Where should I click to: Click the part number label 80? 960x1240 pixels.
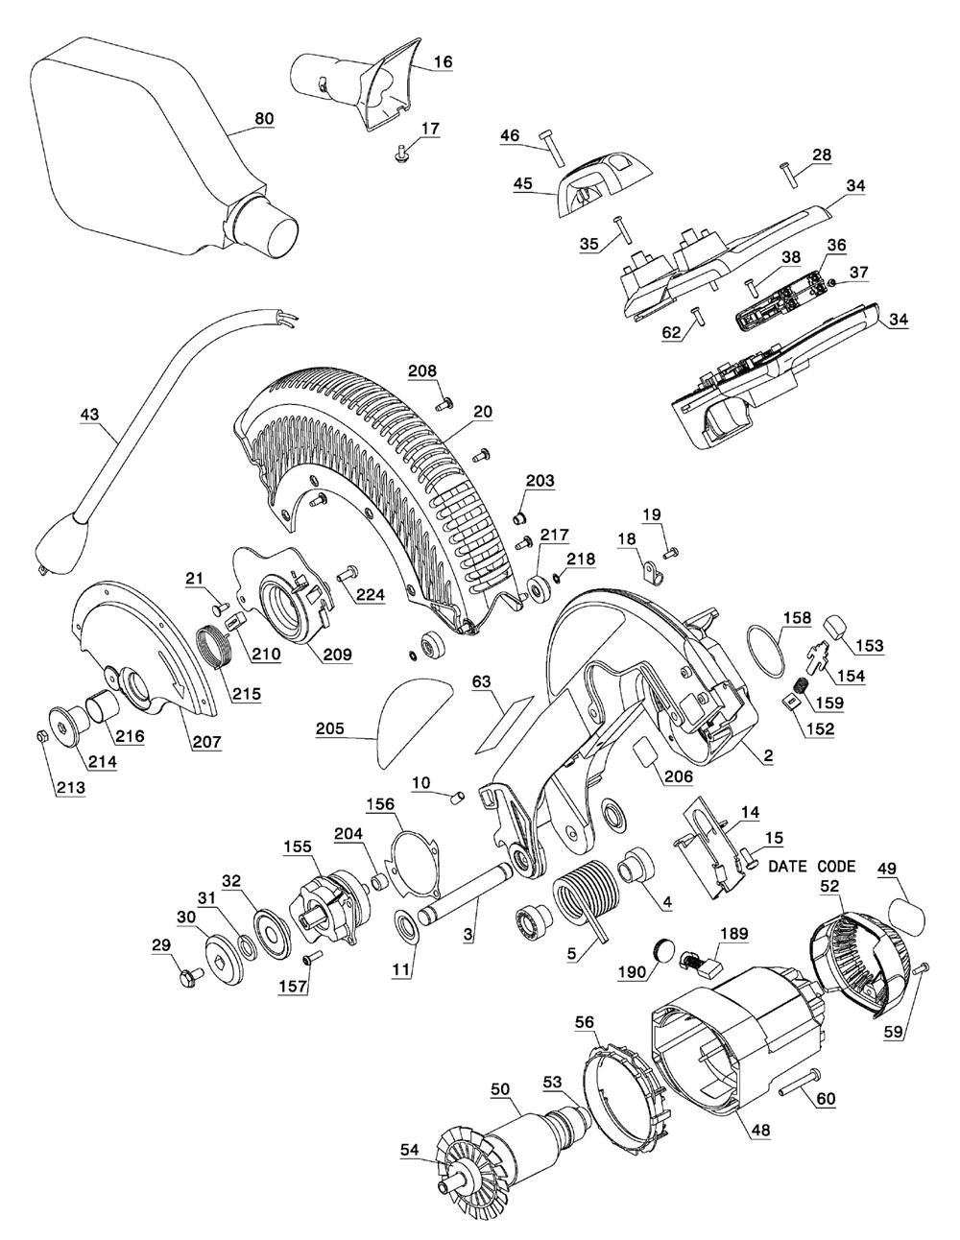(264, 118)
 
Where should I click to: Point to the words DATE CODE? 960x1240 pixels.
(812, 865)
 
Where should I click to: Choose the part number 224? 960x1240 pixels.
(370, 595)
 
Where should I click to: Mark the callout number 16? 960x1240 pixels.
(442, 61)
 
